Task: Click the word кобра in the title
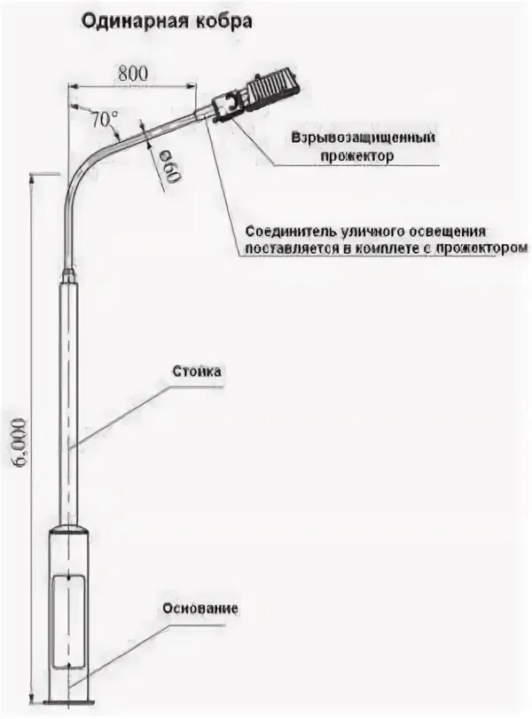point(215,20)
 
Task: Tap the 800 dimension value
point(132,74)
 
